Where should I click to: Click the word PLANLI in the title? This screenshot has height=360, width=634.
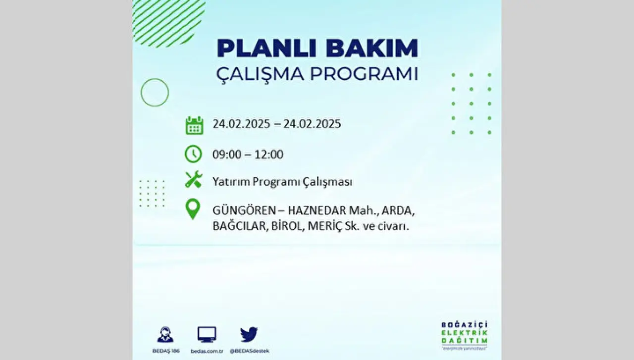[x=266, y=49]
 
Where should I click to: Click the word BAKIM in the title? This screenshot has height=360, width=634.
[x=371, y=49]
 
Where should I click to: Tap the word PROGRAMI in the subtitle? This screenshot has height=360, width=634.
[x=364, y=74]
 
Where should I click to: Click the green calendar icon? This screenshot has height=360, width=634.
[x=194, y=125]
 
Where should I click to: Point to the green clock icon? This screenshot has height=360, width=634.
[x=193, y=154]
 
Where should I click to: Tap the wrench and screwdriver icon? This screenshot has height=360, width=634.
[x=194, y=179]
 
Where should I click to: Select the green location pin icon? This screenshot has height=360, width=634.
[x=193, y=209]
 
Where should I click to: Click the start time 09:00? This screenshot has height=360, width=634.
[x=227, y=154]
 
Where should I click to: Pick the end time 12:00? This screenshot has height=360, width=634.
[x=269, y=154]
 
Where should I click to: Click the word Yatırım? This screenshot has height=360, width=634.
[x=231, y=182]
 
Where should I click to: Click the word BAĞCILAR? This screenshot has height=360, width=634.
[x=239, y=226]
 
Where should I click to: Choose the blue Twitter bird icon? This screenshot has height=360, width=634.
[x=249, y=335]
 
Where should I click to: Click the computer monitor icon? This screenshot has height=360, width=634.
[x=207, y=335]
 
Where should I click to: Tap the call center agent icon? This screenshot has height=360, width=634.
[x=165, y=335]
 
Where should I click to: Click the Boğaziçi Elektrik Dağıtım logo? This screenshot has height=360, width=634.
[x=465, y=336]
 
